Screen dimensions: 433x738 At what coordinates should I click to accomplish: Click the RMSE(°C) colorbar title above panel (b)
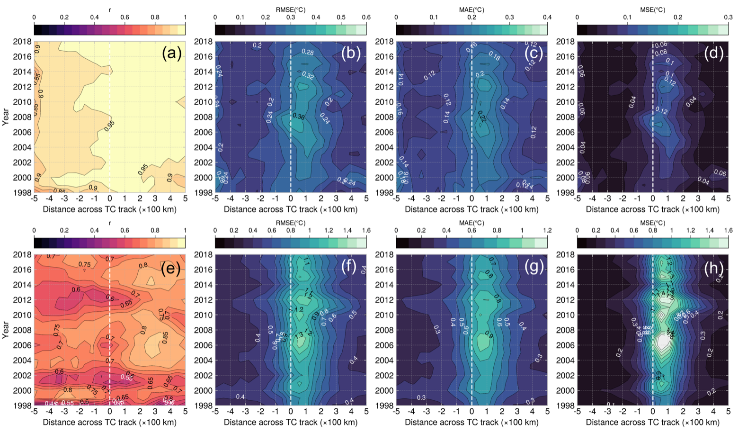[291, 10]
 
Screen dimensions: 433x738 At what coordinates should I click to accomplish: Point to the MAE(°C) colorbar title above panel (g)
[471, 223]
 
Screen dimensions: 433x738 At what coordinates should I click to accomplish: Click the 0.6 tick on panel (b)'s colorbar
[366, 18]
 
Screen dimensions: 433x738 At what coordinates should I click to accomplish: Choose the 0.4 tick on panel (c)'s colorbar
[547, 18]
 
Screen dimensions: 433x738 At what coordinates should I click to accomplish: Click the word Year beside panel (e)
[6, 330]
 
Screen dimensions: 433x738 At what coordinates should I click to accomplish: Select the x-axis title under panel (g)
[471, 422]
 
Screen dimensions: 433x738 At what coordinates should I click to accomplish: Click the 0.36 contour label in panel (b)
[299, 117]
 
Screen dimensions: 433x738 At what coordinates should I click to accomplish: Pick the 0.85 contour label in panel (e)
[165, 336]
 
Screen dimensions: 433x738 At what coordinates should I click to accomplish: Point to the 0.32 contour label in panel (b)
[308, 76]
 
